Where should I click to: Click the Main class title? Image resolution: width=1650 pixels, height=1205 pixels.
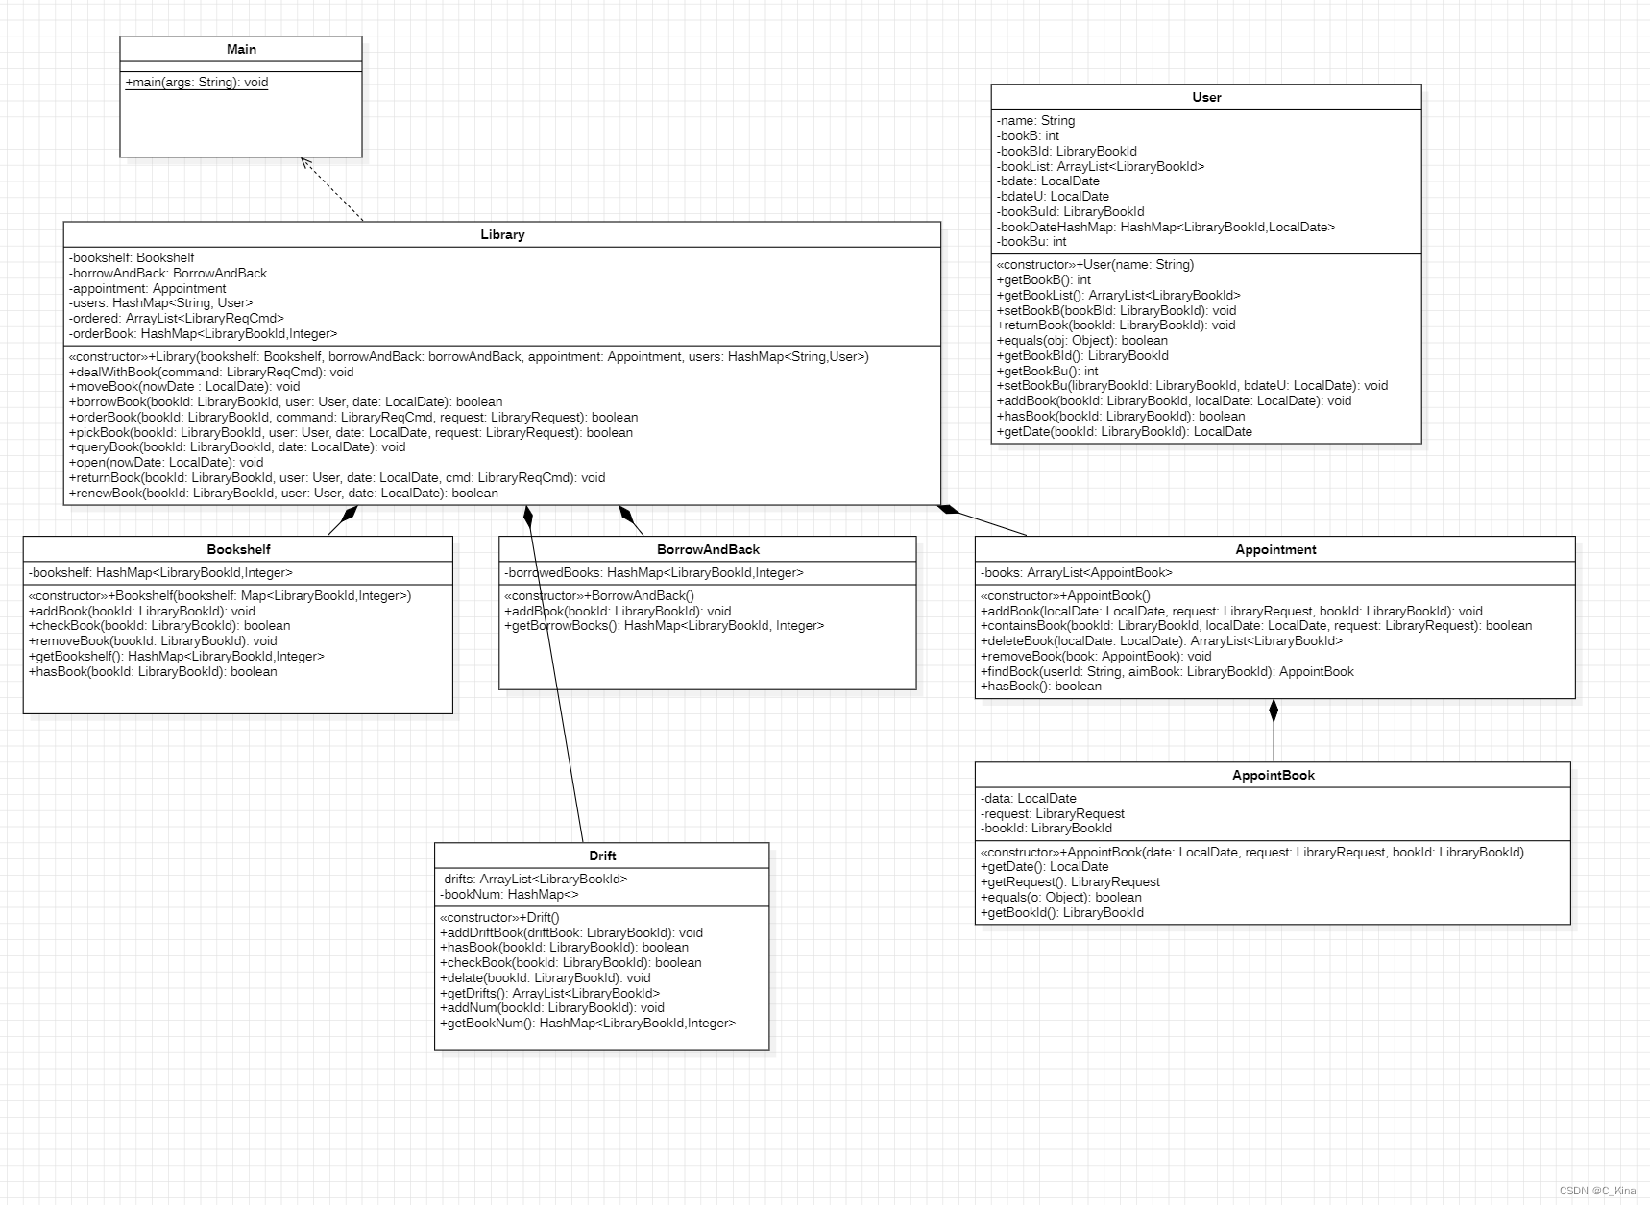click(241, 49)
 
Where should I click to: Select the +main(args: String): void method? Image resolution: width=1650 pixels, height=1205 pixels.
click(197, 83)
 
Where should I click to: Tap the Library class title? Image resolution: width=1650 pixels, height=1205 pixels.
click(502, 234)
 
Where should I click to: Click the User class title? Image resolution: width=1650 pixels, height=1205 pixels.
click(1206, 97)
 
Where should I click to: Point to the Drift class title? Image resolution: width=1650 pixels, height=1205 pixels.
click(602, 856)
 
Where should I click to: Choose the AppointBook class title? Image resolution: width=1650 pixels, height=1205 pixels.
click(1273, 775)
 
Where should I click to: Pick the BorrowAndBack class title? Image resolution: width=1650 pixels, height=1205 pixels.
click(708, 549)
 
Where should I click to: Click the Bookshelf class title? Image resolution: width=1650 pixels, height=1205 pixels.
click(238, 549)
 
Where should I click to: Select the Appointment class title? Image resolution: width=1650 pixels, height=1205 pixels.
click(1275, 549)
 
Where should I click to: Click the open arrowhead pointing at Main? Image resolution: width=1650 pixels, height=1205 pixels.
click(306, 163)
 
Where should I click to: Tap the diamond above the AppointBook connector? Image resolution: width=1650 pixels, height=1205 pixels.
click(1274, 711)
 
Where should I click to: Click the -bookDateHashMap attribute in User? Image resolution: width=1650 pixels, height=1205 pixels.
click(1165, 227)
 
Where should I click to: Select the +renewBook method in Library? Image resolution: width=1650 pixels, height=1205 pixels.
click(283, 494)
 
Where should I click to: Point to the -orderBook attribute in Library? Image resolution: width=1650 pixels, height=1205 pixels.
click(203, 333)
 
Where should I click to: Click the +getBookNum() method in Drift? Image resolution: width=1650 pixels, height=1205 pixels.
click(587, 1024)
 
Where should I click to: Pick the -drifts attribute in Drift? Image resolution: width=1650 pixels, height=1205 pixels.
click(533, 879)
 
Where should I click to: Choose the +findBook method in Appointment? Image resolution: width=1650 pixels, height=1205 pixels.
click(1167, 671)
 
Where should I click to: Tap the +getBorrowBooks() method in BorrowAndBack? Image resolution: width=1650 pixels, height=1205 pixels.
click(664, 626)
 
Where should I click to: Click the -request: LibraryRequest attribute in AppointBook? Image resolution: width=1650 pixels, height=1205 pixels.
click(1052, 813)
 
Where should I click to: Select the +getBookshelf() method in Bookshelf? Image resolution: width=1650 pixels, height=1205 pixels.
click(177, 657)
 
